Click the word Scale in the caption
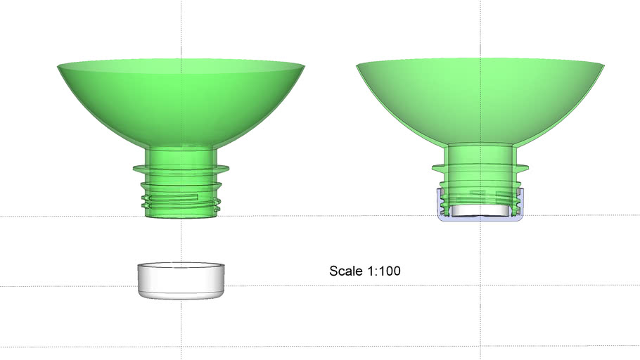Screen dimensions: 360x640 pyautogui.click(x=346, y=271)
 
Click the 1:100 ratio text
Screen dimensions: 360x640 pyautogui.click(x=384, y=271)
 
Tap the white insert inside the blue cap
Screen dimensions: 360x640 pyautogui.click(x=480, y=210)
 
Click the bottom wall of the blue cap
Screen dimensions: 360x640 pyautogui.click(x=480, y=219)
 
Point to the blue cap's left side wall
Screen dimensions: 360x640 pyautogui.click(x=440, y=204)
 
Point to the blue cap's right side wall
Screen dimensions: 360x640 pyautogui.click(x=521, y=204)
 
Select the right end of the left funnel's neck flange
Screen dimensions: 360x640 pyautogui.click(x=229, y=169)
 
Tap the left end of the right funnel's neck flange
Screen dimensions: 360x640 pyautogui.click(x=433, y=167)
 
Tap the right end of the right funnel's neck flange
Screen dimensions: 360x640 pyautogui.click(x=527, y=167)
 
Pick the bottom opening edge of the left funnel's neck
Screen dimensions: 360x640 pyautogui.click(x=181, y=217)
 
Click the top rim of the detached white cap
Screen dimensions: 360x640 pyautogui.click(x=181, y=266)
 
